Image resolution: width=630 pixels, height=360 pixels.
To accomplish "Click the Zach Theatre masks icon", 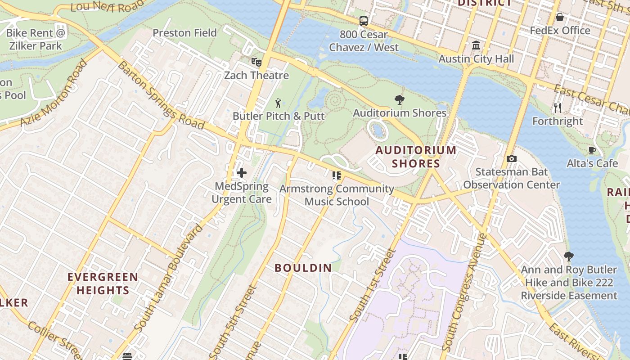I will coord(256,62).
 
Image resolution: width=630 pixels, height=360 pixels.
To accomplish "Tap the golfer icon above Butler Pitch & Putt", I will coord(279,103).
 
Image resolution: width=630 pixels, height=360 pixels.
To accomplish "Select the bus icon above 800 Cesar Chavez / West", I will coord(363,21).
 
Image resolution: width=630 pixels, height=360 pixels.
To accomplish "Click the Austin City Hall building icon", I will coord(476,45).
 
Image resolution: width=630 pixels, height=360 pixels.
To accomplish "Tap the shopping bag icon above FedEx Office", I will coord(560,17).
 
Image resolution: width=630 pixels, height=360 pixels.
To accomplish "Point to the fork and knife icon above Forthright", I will coord(558,108).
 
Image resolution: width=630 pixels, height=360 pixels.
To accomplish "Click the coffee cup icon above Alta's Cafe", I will coord(592,150).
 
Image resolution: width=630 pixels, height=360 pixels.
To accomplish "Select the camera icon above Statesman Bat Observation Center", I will coord(511,158).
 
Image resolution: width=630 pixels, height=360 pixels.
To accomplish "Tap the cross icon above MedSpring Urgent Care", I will coord(242,172).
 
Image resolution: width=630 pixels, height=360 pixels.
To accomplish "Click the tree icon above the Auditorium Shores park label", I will coord(399,100).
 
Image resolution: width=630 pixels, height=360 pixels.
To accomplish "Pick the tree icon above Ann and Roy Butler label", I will coord(569,256).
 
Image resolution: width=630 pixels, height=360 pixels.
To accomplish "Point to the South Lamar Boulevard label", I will coord(168,279).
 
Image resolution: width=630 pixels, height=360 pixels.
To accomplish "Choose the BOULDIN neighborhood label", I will coord(303,268).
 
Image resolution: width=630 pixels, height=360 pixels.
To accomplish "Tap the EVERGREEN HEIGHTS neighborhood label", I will coord(103,283).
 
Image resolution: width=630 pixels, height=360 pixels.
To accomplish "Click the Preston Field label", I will coord(184,33).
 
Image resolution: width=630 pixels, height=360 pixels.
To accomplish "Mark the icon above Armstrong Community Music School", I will coord(337,175).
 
